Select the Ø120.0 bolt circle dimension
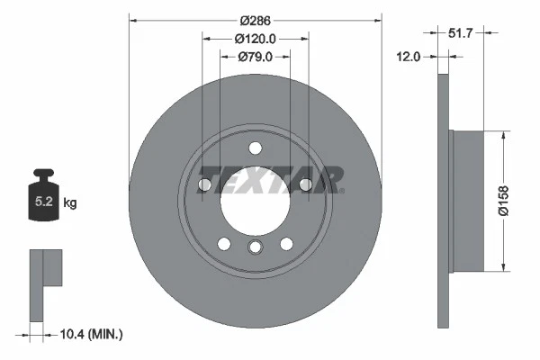(x=255, y=39)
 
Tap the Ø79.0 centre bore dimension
(x=255, y=57)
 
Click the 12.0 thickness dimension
(x=409, y=57)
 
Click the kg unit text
(x=70, y=203)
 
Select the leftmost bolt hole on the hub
(x=204, y=184)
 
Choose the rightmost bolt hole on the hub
(x=305, y=184)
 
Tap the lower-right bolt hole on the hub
(x=286, y=243)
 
